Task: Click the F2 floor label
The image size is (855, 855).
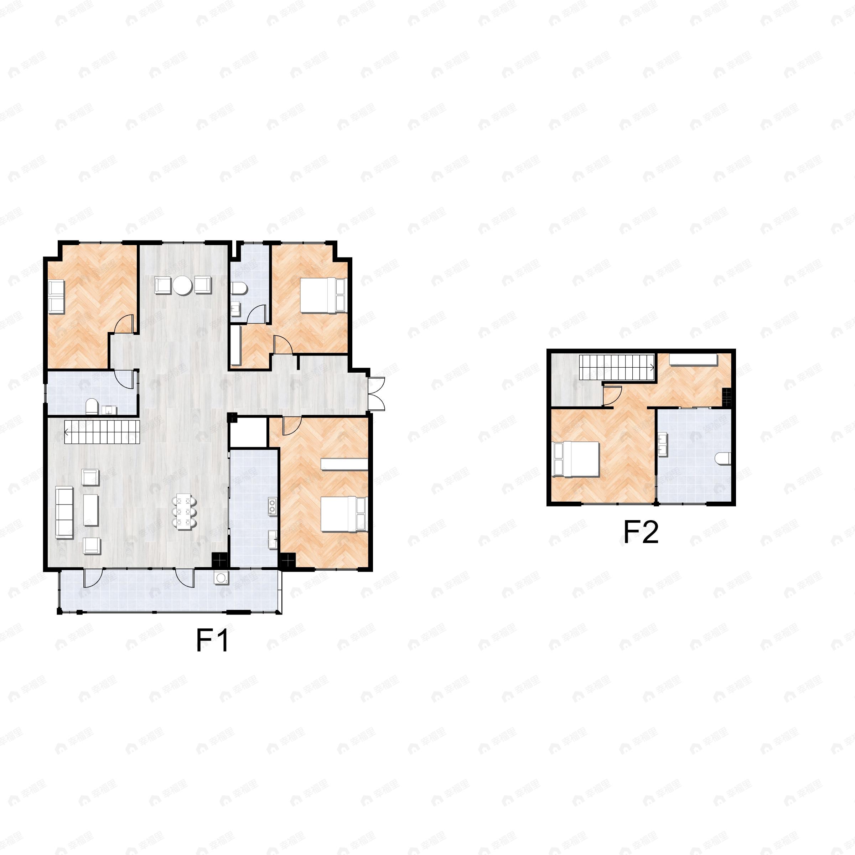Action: pos(641,532)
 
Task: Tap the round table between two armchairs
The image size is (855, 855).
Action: pos(182,285)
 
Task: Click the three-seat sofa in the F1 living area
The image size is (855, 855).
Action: pos(64,513)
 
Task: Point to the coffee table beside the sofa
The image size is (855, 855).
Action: pos(91,510)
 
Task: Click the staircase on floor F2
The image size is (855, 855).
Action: pos(617,367)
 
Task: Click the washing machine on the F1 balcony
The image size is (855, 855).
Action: pos(221,577)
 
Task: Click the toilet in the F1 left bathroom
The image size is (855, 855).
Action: pos(92,406)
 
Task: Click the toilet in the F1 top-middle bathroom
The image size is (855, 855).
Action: pos(239,289)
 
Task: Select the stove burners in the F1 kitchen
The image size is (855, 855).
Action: pos(272,506)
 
